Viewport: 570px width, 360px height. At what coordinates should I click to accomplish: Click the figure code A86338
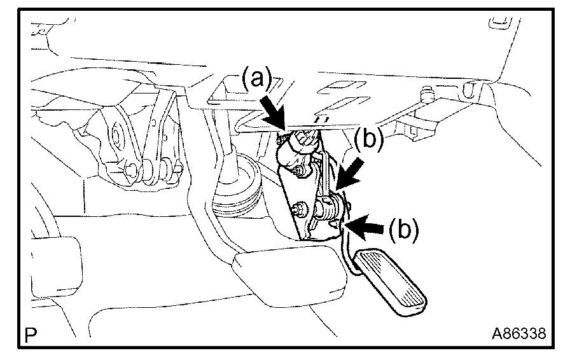(x=518, y=333)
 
